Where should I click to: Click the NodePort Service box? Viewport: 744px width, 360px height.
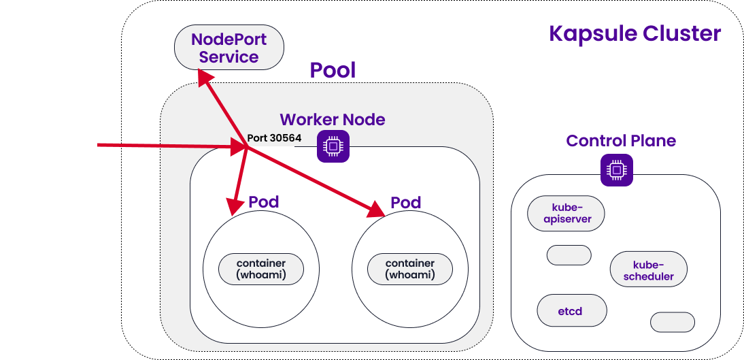pos(229,48)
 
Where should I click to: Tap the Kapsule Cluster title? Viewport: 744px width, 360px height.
pos(635,33)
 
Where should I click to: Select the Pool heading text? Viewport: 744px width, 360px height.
pos(333,70)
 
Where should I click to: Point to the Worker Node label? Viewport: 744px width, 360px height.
pos(332,120)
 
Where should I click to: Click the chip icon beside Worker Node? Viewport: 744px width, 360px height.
pos(333,146)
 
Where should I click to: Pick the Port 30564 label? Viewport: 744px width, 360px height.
pos(274,137)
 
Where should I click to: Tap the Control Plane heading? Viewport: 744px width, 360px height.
pos(621,141)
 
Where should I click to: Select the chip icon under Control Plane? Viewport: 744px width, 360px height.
pos(616,169)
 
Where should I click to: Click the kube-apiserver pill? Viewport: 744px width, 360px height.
pos(567,213)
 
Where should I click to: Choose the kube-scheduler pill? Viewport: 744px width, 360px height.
pos(648,270)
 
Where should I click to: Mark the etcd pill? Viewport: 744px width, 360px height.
pos(571,310)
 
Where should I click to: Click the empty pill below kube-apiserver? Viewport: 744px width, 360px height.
pos(569,255)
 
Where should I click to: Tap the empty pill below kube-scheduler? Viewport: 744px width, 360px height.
pos(673,322)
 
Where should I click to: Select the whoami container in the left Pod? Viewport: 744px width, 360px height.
pos(261,269)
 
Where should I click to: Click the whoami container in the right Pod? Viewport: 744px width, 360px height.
pos(410,269)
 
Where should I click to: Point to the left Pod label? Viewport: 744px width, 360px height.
pos(263,202)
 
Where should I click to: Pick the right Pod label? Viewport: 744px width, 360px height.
pos(405,203)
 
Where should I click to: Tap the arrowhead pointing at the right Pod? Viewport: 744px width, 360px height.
pos(377,211)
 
